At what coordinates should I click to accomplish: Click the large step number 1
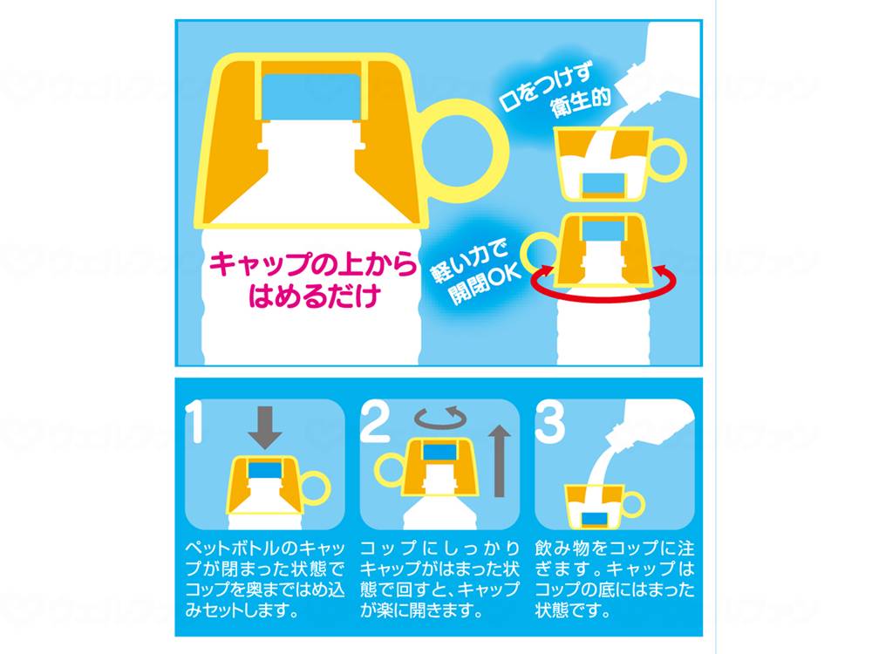194,423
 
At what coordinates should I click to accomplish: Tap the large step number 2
375,423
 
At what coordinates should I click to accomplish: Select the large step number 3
549,423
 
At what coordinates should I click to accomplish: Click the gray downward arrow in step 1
265,427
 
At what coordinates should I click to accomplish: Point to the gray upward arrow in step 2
500,461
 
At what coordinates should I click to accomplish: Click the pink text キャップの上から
312,264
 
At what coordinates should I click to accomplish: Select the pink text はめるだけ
314,296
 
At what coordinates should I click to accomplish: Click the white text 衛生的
580,101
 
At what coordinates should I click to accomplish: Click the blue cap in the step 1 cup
264,470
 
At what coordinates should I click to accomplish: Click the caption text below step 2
439,580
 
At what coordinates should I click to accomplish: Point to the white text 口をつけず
546,85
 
